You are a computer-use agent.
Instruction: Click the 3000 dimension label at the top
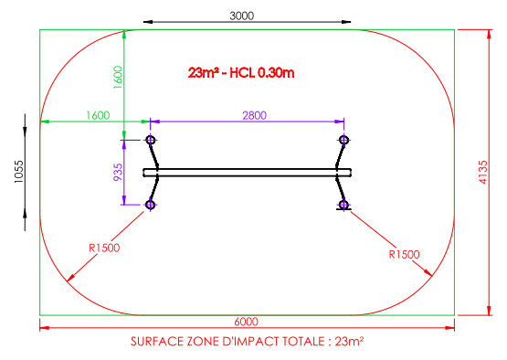[241, 16]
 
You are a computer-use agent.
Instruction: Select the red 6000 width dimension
[246, 322]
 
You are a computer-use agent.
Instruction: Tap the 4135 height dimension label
[482, 172]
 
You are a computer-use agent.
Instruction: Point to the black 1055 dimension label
[19, 172]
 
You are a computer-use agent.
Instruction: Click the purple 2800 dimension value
[255, 115]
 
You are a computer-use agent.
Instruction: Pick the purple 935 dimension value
[118, 172]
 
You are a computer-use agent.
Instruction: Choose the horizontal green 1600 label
[98, 115]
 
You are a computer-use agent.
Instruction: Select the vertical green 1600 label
[118, 78]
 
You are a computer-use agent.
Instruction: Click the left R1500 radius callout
[104, 248]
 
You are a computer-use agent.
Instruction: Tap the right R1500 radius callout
[404, 254]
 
